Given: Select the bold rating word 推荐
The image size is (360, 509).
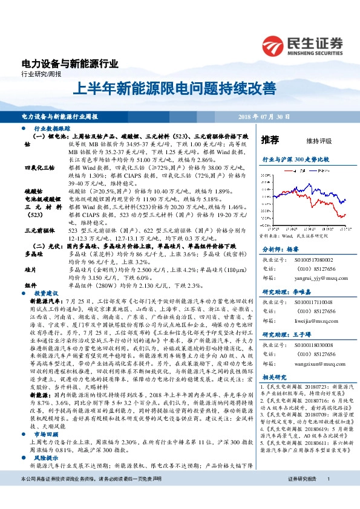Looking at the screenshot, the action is click(x=270, y=140).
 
